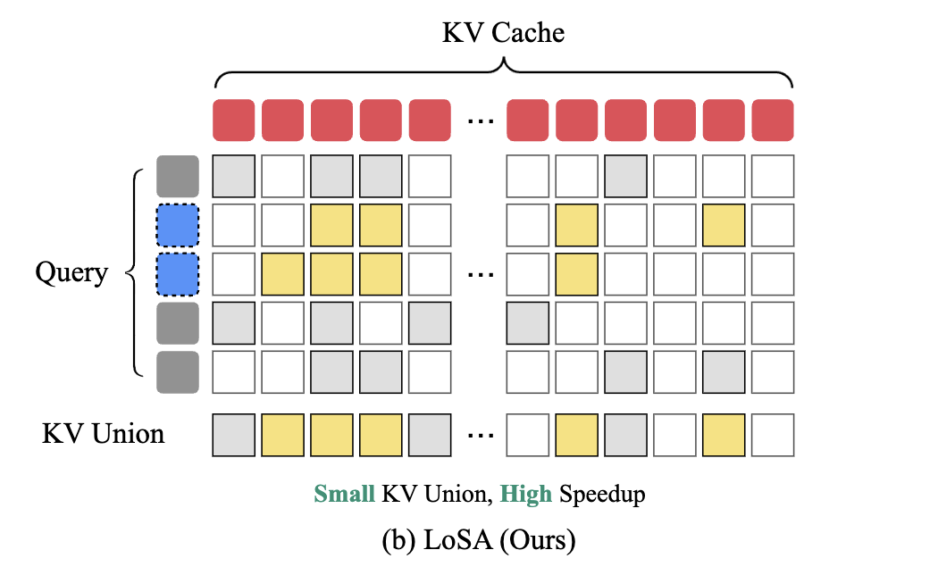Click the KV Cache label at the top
point(503,33)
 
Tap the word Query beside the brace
point(71,271)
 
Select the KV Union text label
point(103,435)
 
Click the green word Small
point(344,494)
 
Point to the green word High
point(525,494)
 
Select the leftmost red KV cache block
point(233,120)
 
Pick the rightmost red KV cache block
point(773,120)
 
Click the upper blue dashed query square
point(178,225)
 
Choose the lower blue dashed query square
point(178,274)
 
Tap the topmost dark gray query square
point(178,176)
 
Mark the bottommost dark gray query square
point(178,372)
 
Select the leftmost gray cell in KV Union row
point(233,435)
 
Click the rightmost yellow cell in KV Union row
point(724,435)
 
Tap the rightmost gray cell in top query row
point(625,176)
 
